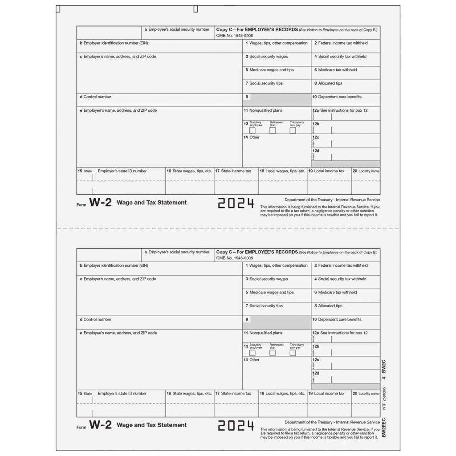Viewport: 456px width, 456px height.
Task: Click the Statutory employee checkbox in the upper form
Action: point(252,130)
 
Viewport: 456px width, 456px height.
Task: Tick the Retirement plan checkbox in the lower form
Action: point(273,353)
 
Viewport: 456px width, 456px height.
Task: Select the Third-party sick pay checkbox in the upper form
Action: point(293,130)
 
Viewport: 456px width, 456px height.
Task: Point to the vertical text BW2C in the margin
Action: point(384,366)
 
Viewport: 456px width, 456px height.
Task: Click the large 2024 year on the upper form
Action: point(236,204)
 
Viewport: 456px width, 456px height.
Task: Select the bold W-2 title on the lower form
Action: point(100,425)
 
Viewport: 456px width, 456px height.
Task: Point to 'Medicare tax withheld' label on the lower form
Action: point(337,293)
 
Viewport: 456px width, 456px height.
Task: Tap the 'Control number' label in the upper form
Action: point(95,97)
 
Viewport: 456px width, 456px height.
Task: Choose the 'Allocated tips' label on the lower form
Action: point(330,306)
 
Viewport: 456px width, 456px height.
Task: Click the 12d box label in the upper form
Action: point(316,151)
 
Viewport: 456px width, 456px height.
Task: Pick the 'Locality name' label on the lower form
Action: point(369,394)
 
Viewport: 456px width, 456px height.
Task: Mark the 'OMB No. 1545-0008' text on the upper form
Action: point(235,35)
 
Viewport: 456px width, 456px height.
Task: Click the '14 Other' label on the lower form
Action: point(251,359)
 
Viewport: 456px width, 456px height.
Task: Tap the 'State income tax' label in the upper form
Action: point(236,171)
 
